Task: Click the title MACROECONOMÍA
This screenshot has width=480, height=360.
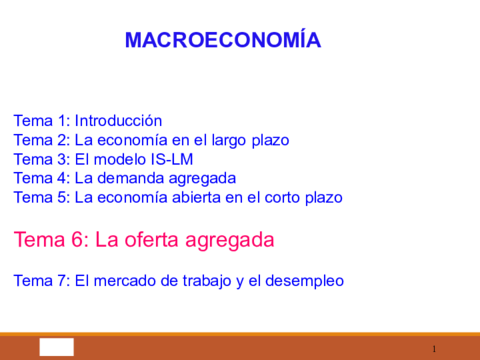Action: [x=222, y=40]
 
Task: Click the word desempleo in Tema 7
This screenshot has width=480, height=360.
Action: [x=304, y=281]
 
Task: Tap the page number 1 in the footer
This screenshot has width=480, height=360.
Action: [x=434, y=348]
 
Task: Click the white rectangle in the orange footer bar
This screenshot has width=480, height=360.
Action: [x=57, y=347]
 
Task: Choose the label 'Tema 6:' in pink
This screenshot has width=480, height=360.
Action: [x=49, y=240]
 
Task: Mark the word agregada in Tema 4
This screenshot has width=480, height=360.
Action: [x=201, y=178]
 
